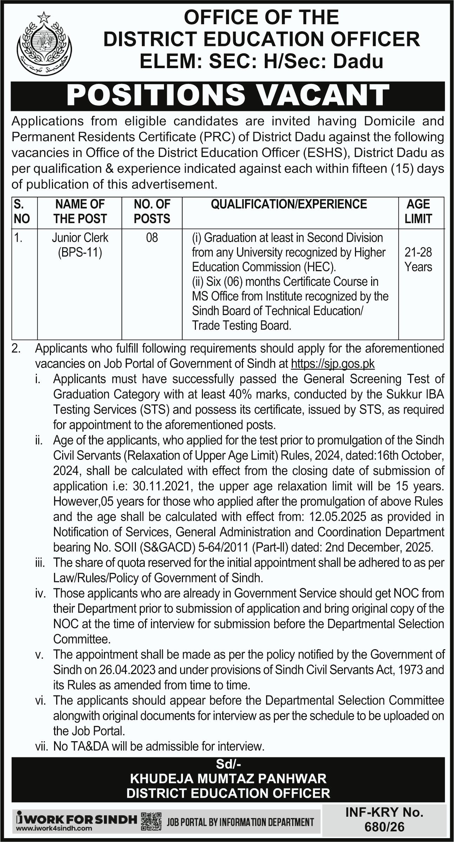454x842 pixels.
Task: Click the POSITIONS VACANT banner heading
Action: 228,95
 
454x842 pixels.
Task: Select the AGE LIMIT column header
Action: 418,211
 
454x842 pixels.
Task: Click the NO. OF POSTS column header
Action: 152,211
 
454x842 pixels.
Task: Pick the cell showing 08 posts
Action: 152,238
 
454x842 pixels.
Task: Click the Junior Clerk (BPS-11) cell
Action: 80,245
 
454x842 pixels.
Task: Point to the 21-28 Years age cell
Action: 418,259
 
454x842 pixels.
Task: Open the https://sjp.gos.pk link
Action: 333,364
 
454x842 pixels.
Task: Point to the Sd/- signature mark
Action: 228,765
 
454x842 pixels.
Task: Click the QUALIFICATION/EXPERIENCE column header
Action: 289,204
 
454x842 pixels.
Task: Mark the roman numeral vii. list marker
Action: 42,746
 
